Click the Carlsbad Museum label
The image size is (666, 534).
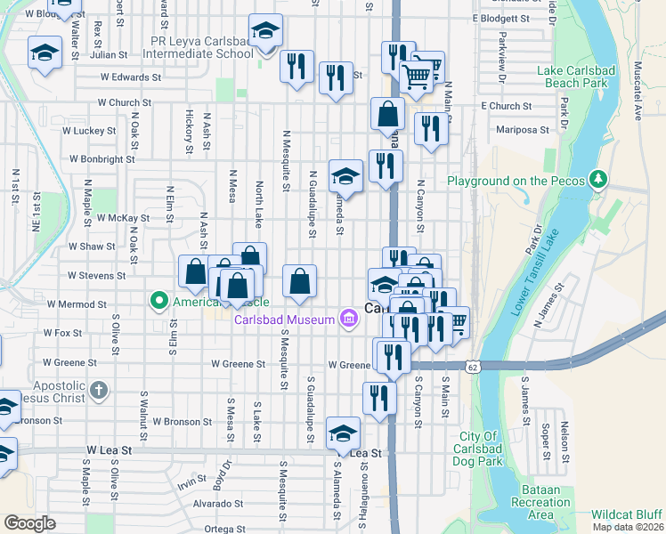pos(284,320)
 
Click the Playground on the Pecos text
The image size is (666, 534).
pos(516,181)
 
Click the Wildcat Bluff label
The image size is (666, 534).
pos(627,514)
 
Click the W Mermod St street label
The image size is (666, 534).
pos(77,303)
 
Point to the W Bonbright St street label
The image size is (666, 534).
pos(98,159)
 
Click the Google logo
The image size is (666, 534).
pos(29,523)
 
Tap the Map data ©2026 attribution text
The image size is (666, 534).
pos(629,527)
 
